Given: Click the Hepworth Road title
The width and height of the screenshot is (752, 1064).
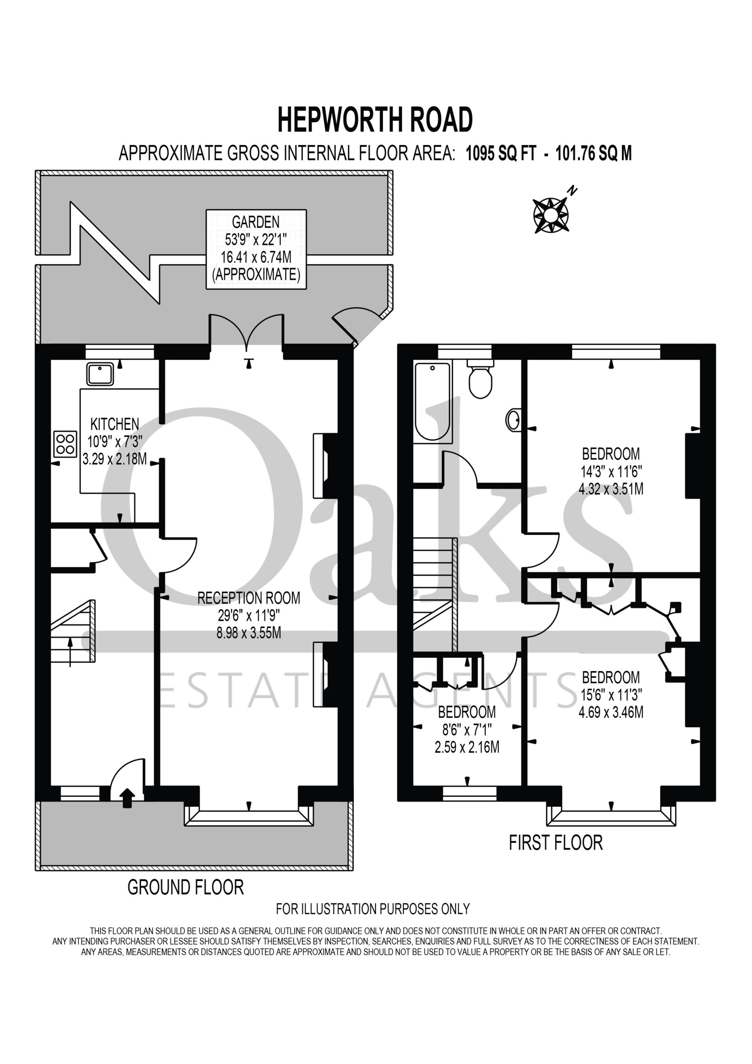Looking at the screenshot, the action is point(375,120).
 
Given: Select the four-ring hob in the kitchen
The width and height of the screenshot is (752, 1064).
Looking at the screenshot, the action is point(65,443).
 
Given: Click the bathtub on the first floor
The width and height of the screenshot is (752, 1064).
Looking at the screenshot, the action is point(433,402).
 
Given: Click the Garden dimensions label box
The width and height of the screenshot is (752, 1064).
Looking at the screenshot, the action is point(256,249).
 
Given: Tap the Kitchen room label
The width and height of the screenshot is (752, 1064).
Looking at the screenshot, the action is point(114,424).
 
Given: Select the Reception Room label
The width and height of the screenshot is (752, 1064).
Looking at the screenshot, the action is point(249,598).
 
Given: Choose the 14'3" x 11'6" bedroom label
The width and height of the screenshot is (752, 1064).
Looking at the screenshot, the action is point(611,471).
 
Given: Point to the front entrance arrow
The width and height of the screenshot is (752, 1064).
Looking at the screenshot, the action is point(128,798).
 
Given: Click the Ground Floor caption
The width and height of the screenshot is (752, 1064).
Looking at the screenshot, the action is point(185,887).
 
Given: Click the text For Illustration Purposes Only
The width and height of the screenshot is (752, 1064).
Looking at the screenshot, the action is point(373,921).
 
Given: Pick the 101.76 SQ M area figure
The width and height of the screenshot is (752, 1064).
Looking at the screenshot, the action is point(594,153).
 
